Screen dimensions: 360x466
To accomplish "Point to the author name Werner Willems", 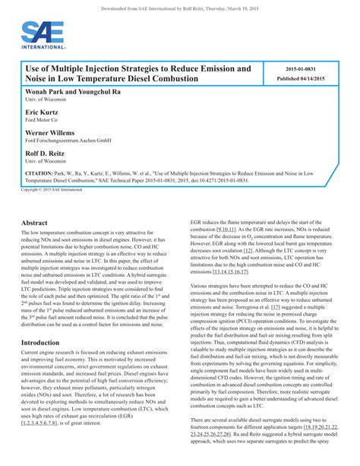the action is tap(50, 132).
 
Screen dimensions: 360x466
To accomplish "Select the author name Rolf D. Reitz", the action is tap(46, 153).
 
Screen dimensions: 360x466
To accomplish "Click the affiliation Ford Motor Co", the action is tap(43, 119).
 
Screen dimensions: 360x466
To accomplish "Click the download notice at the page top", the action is tap(179, 8).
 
